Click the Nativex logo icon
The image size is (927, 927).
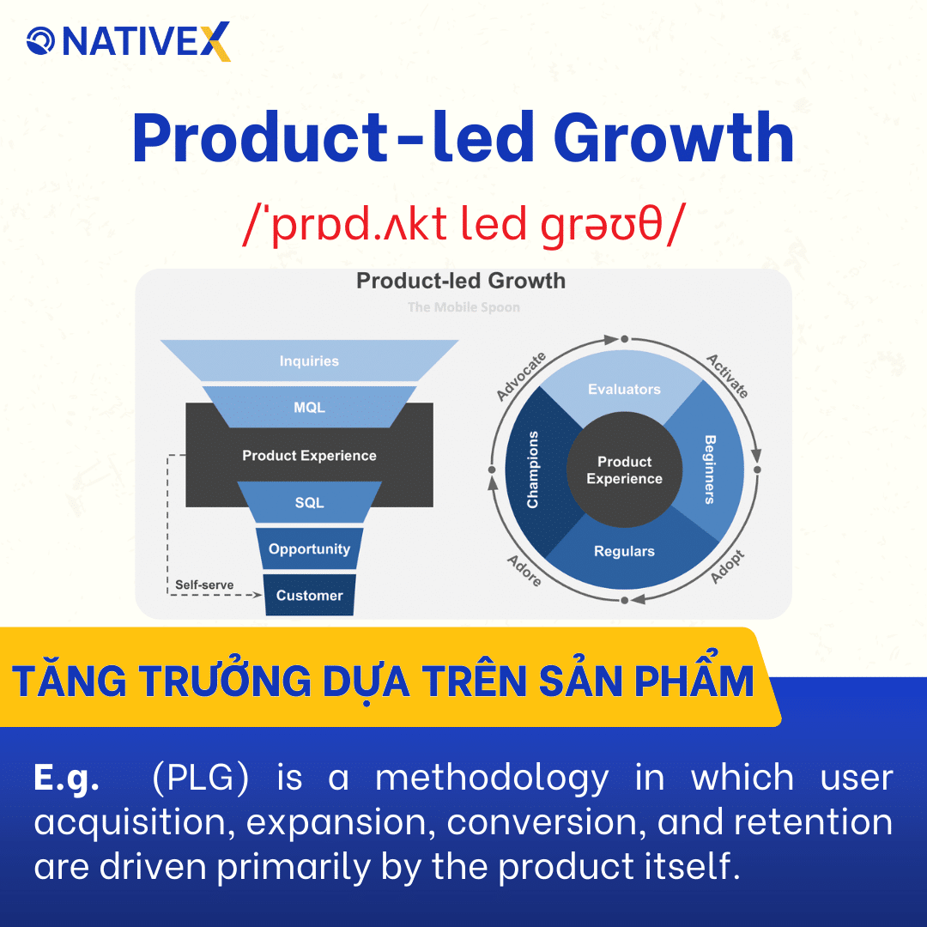pyautogui.click(x=41, y=40)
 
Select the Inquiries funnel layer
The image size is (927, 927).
pyautogui.click(x=309, y=361)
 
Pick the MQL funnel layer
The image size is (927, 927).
pyautogui.click(x=309, y=408)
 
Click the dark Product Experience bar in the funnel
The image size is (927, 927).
pyautogui.click(x=309, y=456)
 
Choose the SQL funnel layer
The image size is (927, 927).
pyautogui.click(x=309, y=502)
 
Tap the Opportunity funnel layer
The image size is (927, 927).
pyautogui.click(x=309, y=549)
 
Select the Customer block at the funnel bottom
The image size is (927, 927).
pyautogui.click(x=309, y=596)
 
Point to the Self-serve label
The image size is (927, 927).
pyautogui.click(x=204, y=585)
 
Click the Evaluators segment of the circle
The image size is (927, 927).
pyautogui.click(x=624, y=390)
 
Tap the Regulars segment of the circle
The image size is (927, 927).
pyautogui.click(x=624, y=552)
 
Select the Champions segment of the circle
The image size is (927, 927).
pyautogui.click(x=533, y=470)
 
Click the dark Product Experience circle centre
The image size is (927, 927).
pyautogui.click(x=624, y=470)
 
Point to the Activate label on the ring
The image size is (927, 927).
pyautogui.click(x=727, y=376)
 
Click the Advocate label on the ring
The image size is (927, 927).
pyautogui.click(x=521, y=376)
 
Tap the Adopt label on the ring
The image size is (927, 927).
pyautogui.click(x=728, y=566)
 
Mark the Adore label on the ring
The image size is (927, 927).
pyautogui.click(x=524, y=570)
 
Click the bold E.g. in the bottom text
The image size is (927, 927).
pyautogui.click(x=66, y=779)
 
